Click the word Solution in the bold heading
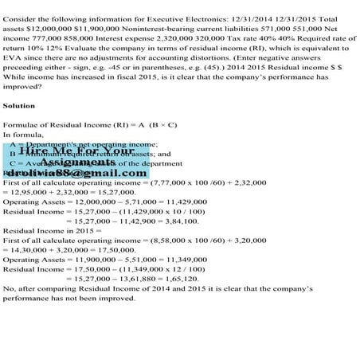[19, 105]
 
